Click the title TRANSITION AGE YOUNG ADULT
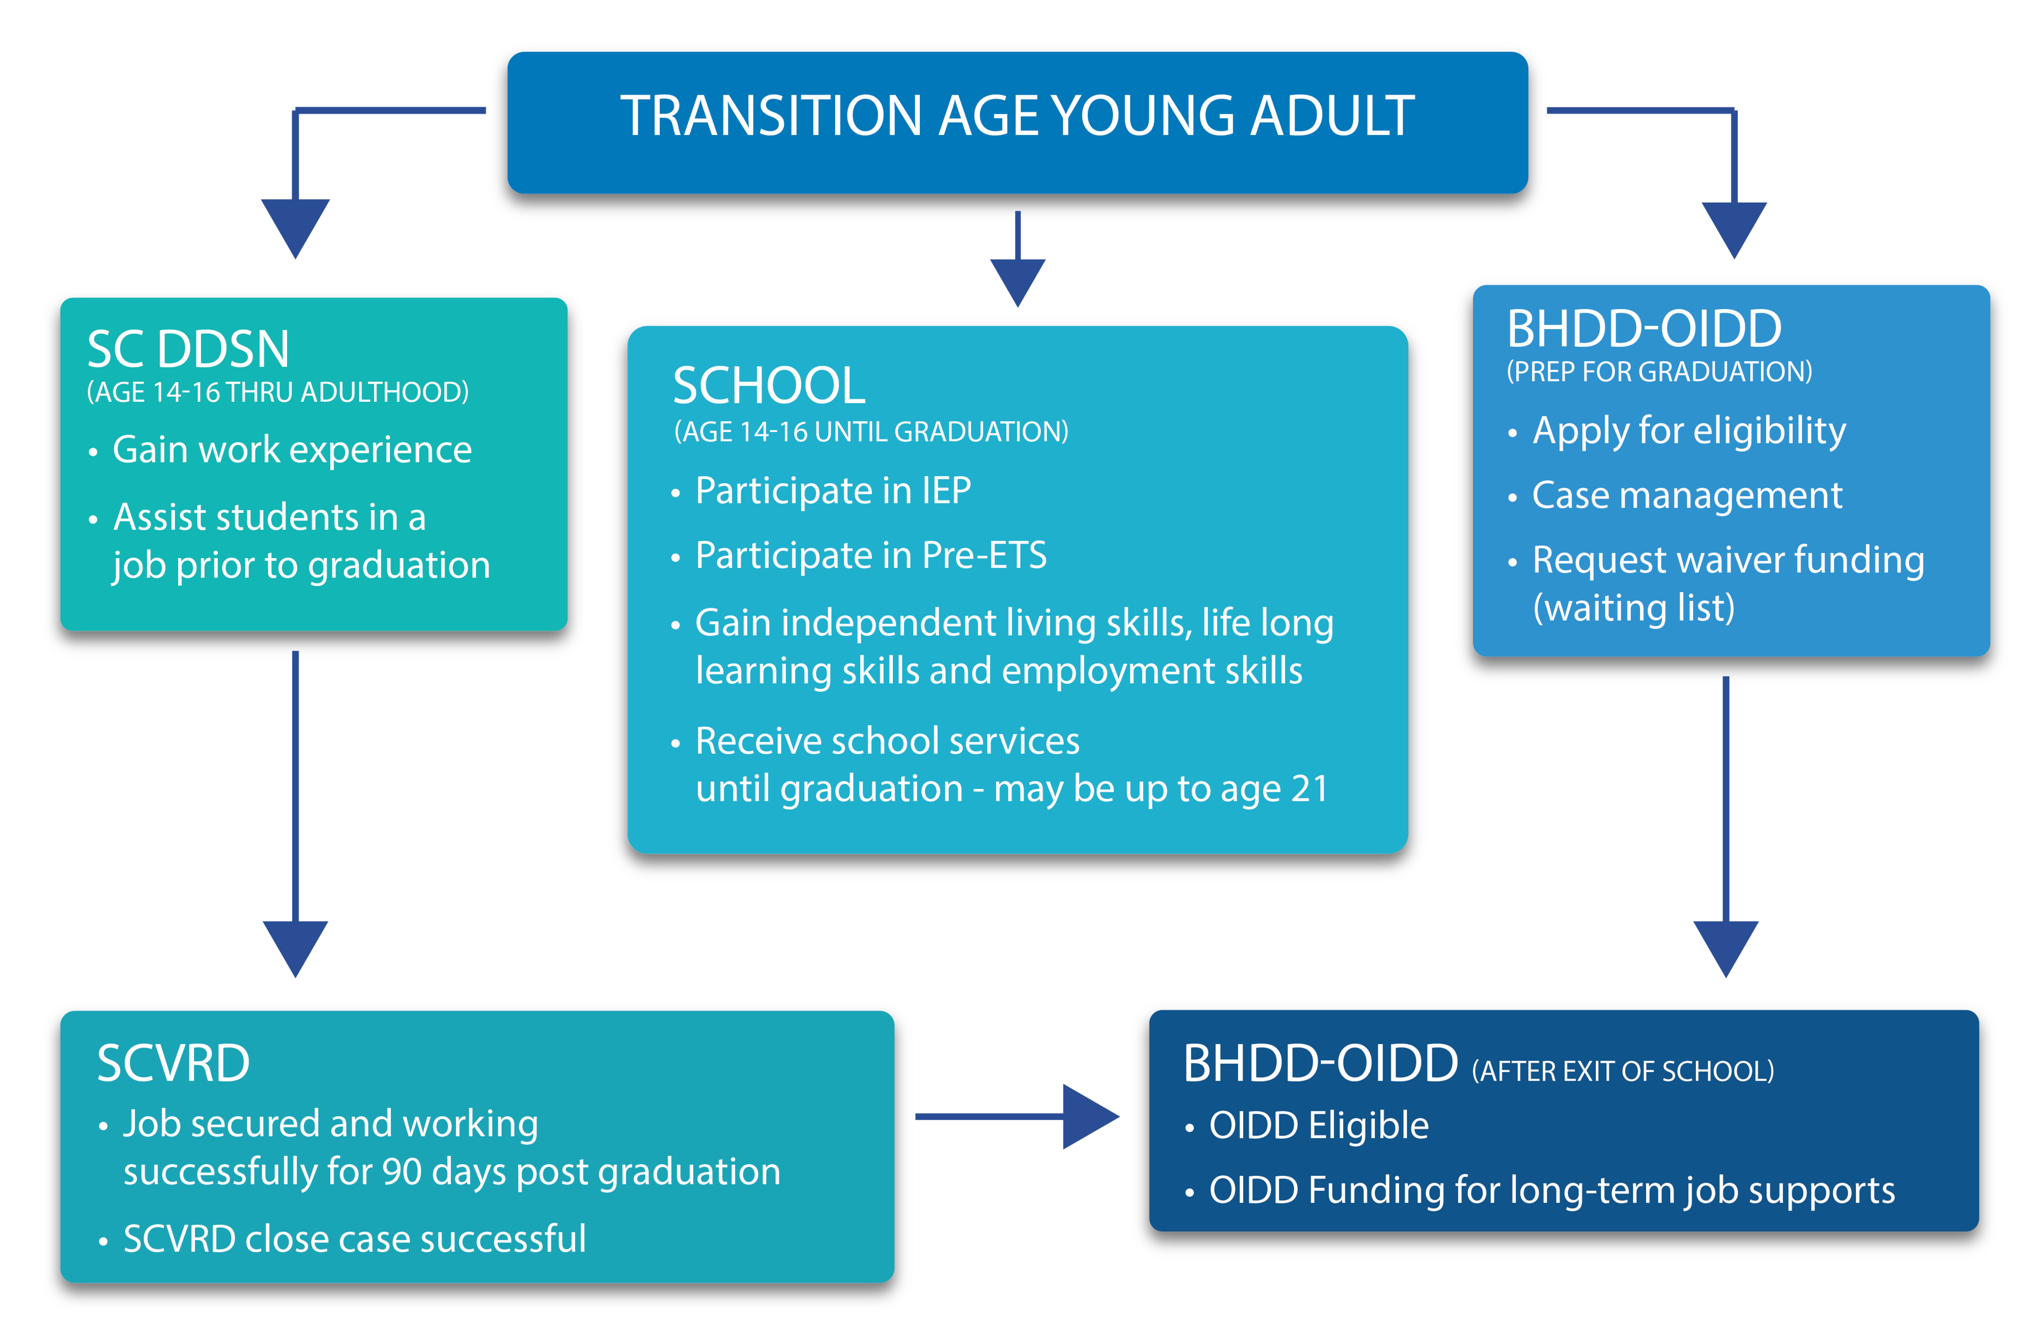pyautogui.click(x=1016, y=117)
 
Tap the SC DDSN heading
pyautogui.click(x=188, y=349)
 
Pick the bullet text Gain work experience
pyautogui.click(x=292, y=449)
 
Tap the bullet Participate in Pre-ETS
pyautogui.click(x=871, y=555)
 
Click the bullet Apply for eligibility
pyautogui.click(x=1689, y=430)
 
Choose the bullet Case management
pyautogui.click(x=1687, y=495)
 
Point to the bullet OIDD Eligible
pyautogui.click(x=1318, y=1126)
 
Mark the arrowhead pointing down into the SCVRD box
pyautogui.click(x=295, y=949)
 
